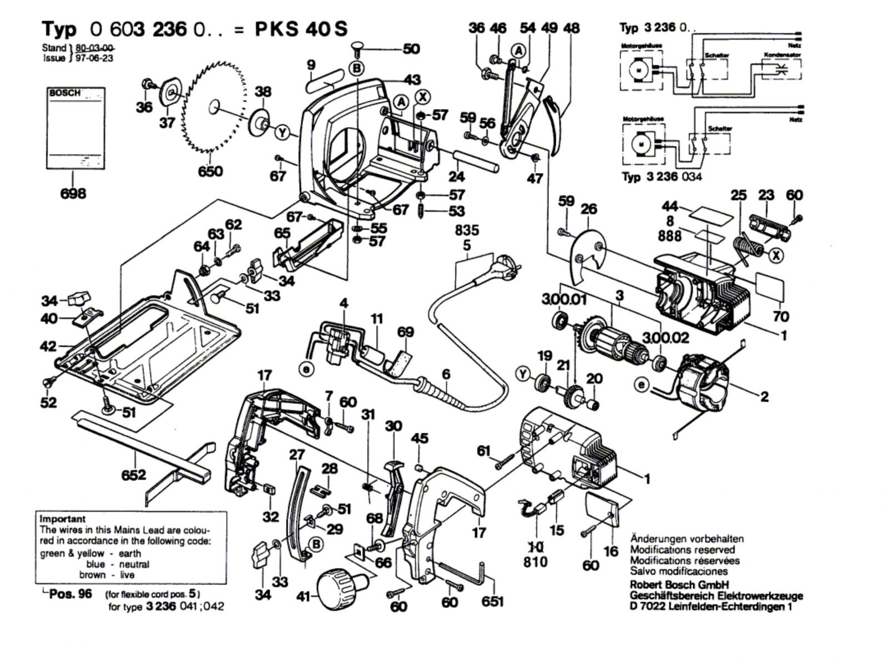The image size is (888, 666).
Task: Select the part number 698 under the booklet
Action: tap(73, 193)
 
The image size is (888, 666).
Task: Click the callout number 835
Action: tap(467, 230)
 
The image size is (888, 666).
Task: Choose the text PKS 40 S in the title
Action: tap(301, 29)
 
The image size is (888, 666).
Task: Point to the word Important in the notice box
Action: tap(63, 519)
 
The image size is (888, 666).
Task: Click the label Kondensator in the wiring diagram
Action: tap(782, 55)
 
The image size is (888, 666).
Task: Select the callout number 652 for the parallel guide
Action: tap(133, 475)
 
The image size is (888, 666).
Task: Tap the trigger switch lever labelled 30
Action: tap(396, 488)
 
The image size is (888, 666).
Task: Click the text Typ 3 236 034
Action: tap(662, 176)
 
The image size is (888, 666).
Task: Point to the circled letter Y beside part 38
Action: tap(284, 133)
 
